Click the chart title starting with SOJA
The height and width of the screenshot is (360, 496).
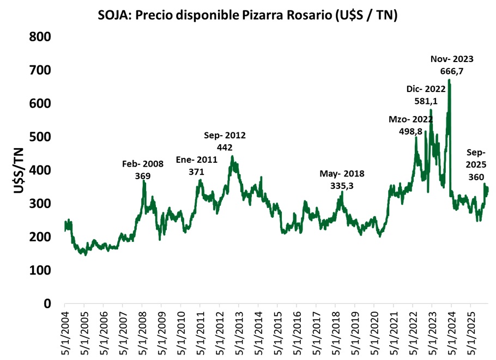coord(247,15)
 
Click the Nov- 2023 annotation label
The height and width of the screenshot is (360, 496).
coord(452,59)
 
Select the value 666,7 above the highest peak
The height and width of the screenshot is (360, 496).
coord(452,70)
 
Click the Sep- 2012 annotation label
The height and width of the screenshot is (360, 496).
coord(225,135)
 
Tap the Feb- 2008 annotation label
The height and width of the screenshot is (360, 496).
coord(143,164)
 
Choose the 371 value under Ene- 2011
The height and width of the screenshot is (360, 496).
coord(196,172)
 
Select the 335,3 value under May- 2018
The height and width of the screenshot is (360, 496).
coord(342,186)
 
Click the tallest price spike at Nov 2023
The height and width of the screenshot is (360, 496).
coord(449,81)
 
